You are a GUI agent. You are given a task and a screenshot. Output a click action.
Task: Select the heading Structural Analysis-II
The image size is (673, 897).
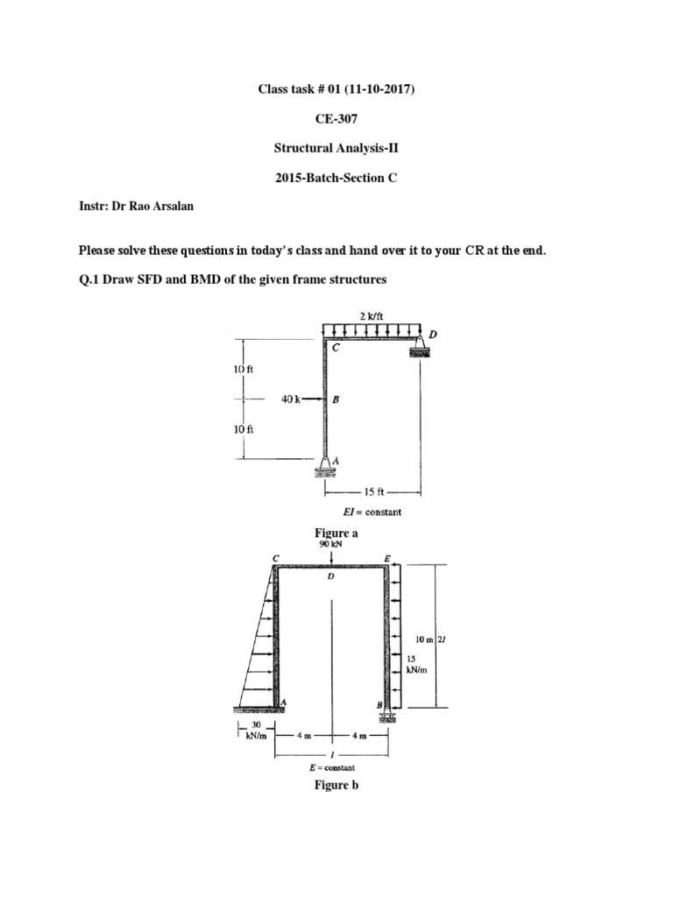coord(336,148)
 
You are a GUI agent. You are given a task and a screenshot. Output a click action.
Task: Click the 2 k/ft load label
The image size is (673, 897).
coord(372,315)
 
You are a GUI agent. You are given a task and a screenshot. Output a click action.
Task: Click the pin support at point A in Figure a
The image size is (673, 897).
coord(325,466)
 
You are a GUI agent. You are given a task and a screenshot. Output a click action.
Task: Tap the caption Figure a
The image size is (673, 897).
coord(336,533)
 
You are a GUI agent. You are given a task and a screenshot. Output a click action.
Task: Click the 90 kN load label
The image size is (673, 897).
coord(330,544)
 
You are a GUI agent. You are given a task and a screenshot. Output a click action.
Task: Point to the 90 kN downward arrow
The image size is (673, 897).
coord(330,558)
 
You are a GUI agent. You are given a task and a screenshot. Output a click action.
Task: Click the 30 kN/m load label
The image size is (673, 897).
coord(250,731)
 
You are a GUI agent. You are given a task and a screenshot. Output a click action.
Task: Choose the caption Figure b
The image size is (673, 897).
coord(336,785)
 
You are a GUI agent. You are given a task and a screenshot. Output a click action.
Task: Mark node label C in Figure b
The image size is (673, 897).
coord(276,557)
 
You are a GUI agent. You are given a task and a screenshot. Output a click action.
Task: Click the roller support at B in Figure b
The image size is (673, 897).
coord(385,717)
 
